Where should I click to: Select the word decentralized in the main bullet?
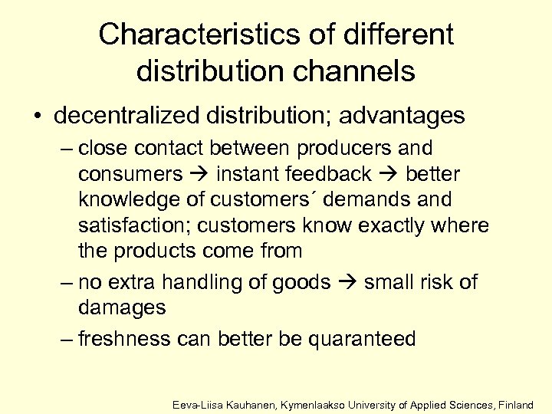[x=123, y=116]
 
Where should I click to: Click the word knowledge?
[x=130, y=200]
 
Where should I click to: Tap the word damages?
[x=121, y=308]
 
